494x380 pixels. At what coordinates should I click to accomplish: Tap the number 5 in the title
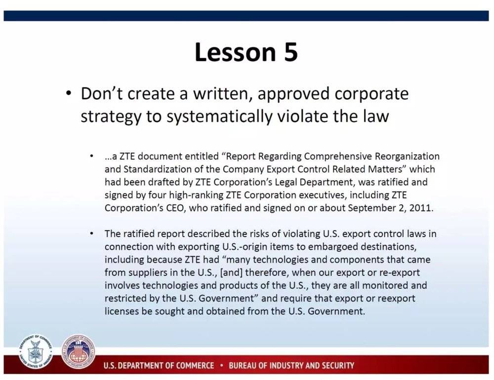point(290,52)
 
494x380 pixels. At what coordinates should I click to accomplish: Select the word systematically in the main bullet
point(219,116)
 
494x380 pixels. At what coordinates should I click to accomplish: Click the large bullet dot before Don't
point(69,94)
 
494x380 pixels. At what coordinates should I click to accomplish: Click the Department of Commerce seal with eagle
point(35,352)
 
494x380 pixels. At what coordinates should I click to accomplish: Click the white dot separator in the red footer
point(221,366)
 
